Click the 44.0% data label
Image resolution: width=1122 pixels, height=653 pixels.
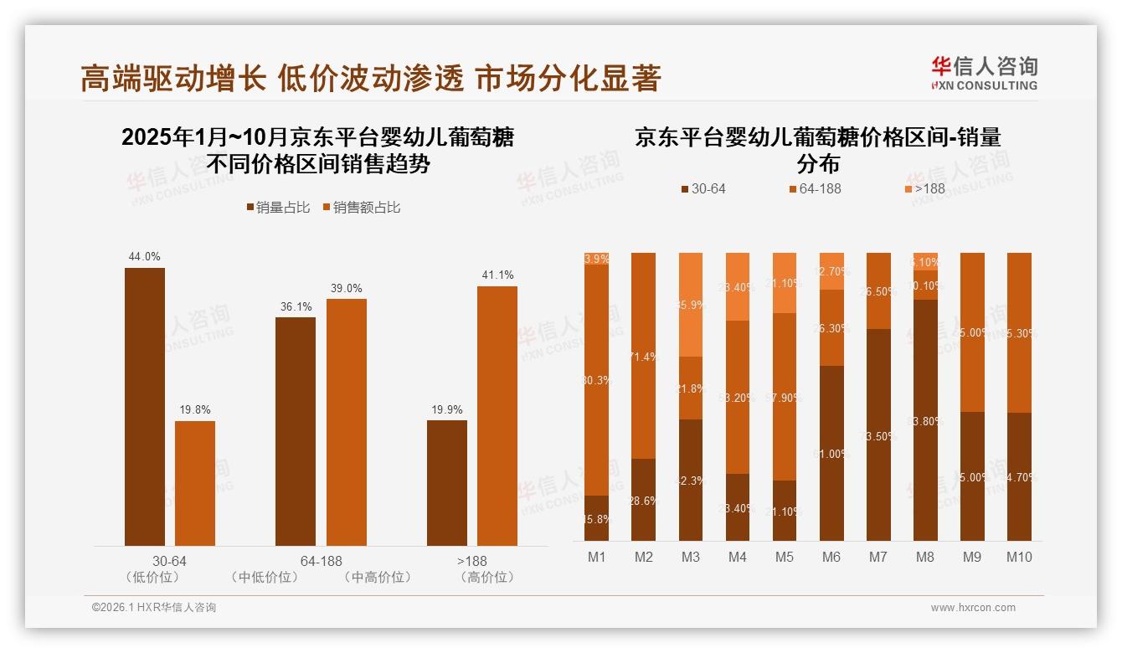tap(144, 257)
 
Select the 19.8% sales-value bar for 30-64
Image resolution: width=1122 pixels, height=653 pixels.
tap(194, 483)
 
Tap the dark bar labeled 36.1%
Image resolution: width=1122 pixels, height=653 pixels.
tap(295, 431)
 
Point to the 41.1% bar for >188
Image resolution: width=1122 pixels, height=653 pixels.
tap(497, 416)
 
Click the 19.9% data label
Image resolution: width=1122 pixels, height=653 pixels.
tap(446, 409)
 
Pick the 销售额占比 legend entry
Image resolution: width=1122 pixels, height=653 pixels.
tap(361, 208)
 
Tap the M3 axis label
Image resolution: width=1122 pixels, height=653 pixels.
tap(690, 557)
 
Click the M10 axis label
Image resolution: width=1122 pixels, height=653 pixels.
tap(1019, 557)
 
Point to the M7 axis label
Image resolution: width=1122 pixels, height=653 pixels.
tap(878, 557)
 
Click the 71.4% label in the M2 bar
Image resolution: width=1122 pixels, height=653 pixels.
tap(643, 357)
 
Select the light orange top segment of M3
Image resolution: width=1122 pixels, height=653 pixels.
tap(690, 304)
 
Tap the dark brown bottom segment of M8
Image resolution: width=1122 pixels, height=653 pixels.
tap(925, 419)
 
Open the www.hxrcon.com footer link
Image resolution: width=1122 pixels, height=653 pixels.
tap(972, 608)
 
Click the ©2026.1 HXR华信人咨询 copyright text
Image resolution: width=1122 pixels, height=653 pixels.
tap(153, 608)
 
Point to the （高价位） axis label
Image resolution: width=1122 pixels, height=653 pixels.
tap(487, 577)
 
